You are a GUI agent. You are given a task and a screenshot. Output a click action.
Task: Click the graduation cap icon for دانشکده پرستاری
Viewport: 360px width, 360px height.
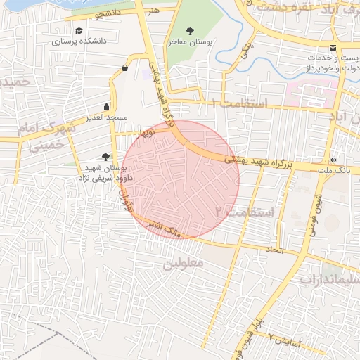pos(79,31)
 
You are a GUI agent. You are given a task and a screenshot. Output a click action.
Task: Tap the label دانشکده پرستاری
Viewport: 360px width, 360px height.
pos(79,41)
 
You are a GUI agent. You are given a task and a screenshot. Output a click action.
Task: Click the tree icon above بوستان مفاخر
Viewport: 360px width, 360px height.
pos(191,31)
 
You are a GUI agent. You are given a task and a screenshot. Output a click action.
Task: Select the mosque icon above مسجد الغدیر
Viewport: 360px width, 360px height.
pos(106,106)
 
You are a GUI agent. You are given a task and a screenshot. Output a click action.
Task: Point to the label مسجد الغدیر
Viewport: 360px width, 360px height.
pos(106,117)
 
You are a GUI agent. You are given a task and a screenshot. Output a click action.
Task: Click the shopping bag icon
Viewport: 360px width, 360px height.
pos(124,67)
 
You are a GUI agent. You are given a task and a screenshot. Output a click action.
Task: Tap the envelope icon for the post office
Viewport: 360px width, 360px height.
pos(333,47)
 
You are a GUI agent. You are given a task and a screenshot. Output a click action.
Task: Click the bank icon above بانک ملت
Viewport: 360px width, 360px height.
pos(333,160)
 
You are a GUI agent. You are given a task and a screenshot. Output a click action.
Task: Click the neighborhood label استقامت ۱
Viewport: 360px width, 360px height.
pos(240,104)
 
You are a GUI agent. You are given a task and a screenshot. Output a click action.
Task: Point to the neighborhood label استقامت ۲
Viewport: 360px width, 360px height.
pos(238,210)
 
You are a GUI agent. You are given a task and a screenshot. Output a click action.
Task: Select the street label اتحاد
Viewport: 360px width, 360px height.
pos(273,250)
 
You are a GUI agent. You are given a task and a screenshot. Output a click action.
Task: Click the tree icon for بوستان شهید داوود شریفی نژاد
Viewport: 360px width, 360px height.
pos(106,157)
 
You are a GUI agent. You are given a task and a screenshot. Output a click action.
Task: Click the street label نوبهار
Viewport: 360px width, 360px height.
pos(146,131)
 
